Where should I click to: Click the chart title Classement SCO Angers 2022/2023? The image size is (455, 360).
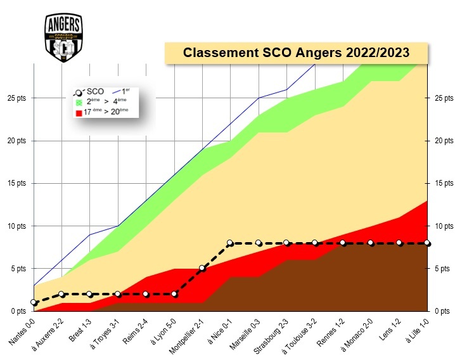click(x=296, y=52)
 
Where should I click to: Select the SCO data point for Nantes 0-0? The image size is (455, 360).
click(x=34, y=302)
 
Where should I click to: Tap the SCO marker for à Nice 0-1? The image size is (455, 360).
click(x=230, y=243)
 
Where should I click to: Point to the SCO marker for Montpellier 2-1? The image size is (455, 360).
click(x=202, y=268)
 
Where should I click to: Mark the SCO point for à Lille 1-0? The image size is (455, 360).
click(x=427, y=243)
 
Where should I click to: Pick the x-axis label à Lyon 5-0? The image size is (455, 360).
click(x=162, y=331)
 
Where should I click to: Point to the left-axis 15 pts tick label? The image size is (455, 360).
click(x=13, y=183)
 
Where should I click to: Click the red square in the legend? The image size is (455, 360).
click(x=79, y=113)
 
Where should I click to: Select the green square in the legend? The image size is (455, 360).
click(x=79, y=102)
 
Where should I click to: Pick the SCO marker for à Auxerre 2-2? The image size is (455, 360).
click(x=61, y=294)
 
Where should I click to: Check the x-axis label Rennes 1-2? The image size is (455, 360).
click(x=330, y=331)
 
